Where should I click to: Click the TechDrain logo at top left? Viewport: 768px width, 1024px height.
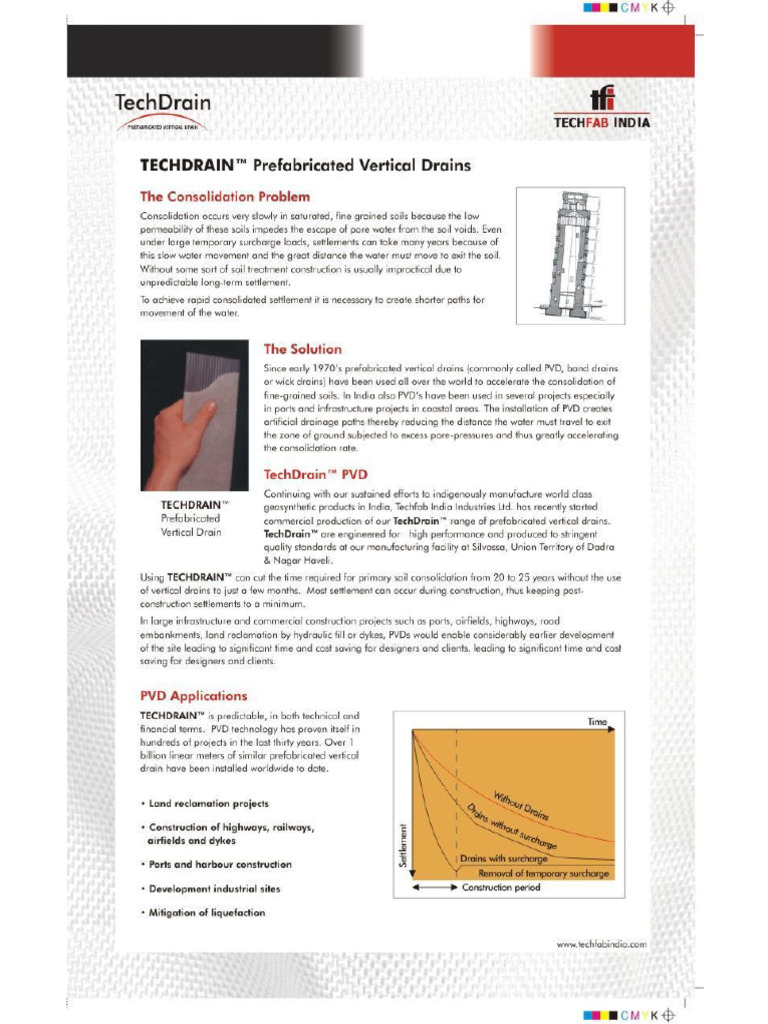(163, 109)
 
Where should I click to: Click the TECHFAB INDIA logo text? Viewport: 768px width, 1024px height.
(602, 123)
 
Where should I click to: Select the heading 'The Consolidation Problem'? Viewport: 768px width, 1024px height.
(224, 196)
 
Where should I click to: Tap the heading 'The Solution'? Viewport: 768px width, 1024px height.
(302, 349)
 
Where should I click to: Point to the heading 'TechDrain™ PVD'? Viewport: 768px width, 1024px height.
(315, 473)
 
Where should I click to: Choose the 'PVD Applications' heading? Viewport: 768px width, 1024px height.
(193, 695)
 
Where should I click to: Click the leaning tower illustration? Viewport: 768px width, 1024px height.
(570, 255)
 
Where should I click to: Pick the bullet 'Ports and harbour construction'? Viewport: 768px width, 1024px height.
(220, 864)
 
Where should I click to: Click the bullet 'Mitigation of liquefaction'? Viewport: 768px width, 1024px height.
(207, 913)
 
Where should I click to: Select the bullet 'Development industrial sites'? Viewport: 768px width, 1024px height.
(214, 889)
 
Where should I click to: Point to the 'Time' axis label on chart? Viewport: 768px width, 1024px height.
(597, 721)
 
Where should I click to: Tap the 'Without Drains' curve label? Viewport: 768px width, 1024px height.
(520, 800)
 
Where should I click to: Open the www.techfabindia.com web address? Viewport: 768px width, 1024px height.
(601, 943)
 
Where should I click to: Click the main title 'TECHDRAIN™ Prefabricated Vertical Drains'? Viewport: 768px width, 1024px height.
(305, 165)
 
